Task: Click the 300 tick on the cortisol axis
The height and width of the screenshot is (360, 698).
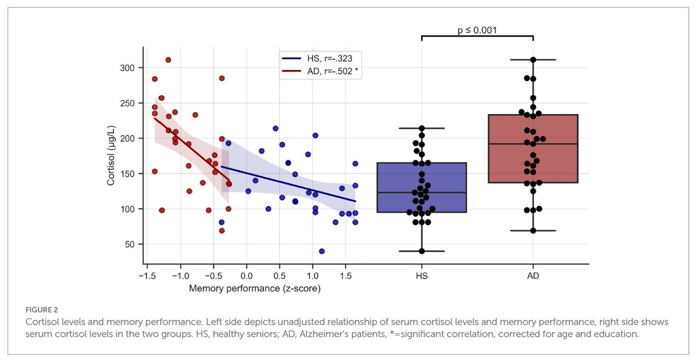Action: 127,68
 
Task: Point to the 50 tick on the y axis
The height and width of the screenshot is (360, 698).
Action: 130,244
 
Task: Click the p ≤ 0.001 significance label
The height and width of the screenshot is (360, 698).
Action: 477,30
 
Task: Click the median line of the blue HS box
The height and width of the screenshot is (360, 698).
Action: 422,193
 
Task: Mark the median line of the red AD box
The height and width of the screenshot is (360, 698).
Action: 533,144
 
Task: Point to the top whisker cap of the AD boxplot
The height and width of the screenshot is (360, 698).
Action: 533,59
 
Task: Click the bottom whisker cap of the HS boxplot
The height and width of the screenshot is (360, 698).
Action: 422,251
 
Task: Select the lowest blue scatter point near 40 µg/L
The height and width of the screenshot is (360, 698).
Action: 322,251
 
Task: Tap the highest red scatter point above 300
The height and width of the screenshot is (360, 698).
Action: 168,60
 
